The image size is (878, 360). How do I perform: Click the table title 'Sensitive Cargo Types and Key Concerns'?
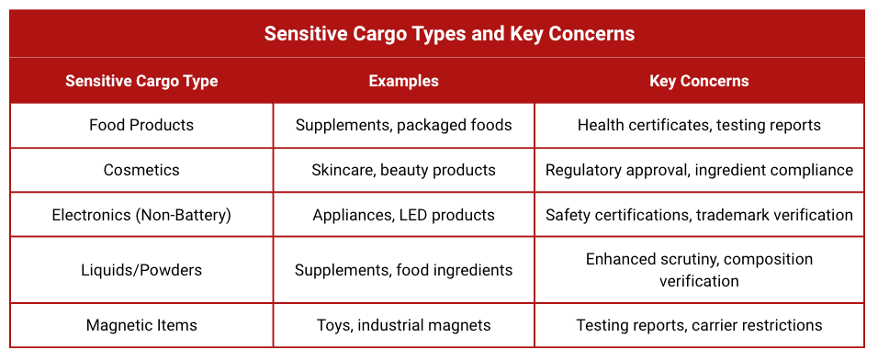click(449, 34)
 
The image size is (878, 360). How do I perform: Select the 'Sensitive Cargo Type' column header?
click(141, 81)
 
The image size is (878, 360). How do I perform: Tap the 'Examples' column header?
click(403, 81)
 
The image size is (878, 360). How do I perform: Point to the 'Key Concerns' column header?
click(699, 81)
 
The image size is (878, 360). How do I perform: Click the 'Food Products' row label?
click(141, 125)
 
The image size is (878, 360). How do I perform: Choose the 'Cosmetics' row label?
click(141, 170)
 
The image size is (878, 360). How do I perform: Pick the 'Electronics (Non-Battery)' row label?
click(141, 215)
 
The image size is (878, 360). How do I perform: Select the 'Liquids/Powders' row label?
click(141, 270)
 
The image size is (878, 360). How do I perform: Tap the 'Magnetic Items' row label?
click(141, 325)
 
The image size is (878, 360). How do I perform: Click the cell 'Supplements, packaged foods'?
click(403, 125)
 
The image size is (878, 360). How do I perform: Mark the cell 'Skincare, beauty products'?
click(403, 170)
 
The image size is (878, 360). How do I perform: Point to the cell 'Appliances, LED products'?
click(403, 215)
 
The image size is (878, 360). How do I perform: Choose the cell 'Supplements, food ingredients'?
click(403, 270)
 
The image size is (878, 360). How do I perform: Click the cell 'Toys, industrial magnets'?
click(403, 325)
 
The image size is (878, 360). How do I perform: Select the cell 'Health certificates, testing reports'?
click(699, 125)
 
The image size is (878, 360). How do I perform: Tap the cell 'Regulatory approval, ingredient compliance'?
click(699, 170)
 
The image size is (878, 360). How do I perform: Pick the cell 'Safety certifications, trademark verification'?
click(699, 215)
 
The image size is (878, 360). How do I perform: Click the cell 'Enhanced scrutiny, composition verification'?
click(699, 270)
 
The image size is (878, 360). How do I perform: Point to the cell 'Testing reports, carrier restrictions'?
click(699, 325)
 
